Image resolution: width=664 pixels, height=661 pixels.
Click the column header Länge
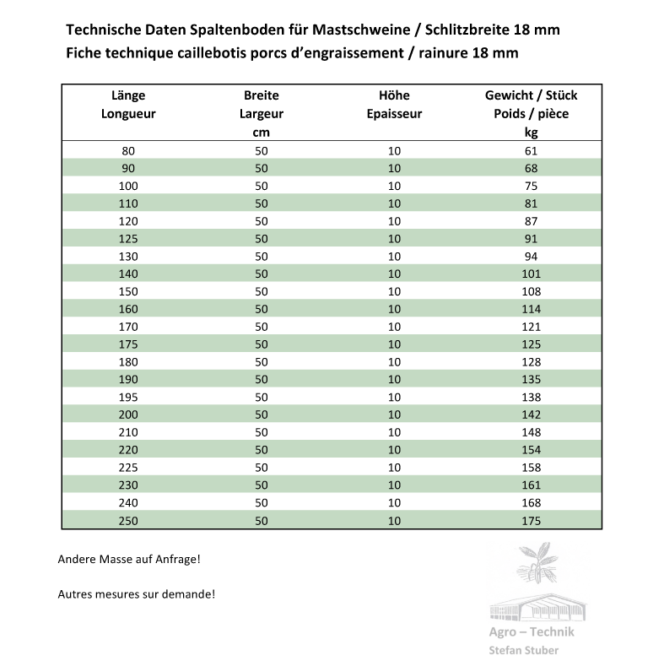(128, 95)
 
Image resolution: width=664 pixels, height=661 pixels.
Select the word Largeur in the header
(261, 113)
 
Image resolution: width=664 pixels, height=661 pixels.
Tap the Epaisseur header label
(394, 113)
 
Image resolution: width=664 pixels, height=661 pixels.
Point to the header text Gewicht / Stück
(531, 95)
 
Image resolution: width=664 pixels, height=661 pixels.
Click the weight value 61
(531, 150)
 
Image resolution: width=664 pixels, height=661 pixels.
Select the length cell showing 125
(128, 238)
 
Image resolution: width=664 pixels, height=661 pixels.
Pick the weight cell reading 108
(531, 291)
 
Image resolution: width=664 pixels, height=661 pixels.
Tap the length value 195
(128, 397)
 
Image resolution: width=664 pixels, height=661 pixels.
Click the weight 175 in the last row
(531, 520)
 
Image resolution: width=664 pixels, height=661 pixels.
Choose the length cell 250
(128, 520)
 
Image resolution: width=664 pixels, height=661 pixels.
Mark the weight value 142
(531, 414)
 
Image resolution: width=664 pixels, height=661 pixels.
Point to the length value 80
(128, 150)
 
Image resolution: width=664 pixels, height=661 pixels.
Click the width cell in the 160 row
(261, 309)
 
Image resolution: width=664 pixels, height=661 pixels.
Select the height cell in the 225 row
(394, 467)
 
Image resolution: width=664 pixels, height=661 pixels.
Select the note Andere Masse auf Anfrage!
(129, 559)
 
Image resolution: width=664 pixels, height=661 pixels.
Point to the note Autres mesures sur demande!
(137, 593)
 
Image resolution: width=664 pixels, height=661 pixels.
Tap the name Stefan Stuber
(523, 650)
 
